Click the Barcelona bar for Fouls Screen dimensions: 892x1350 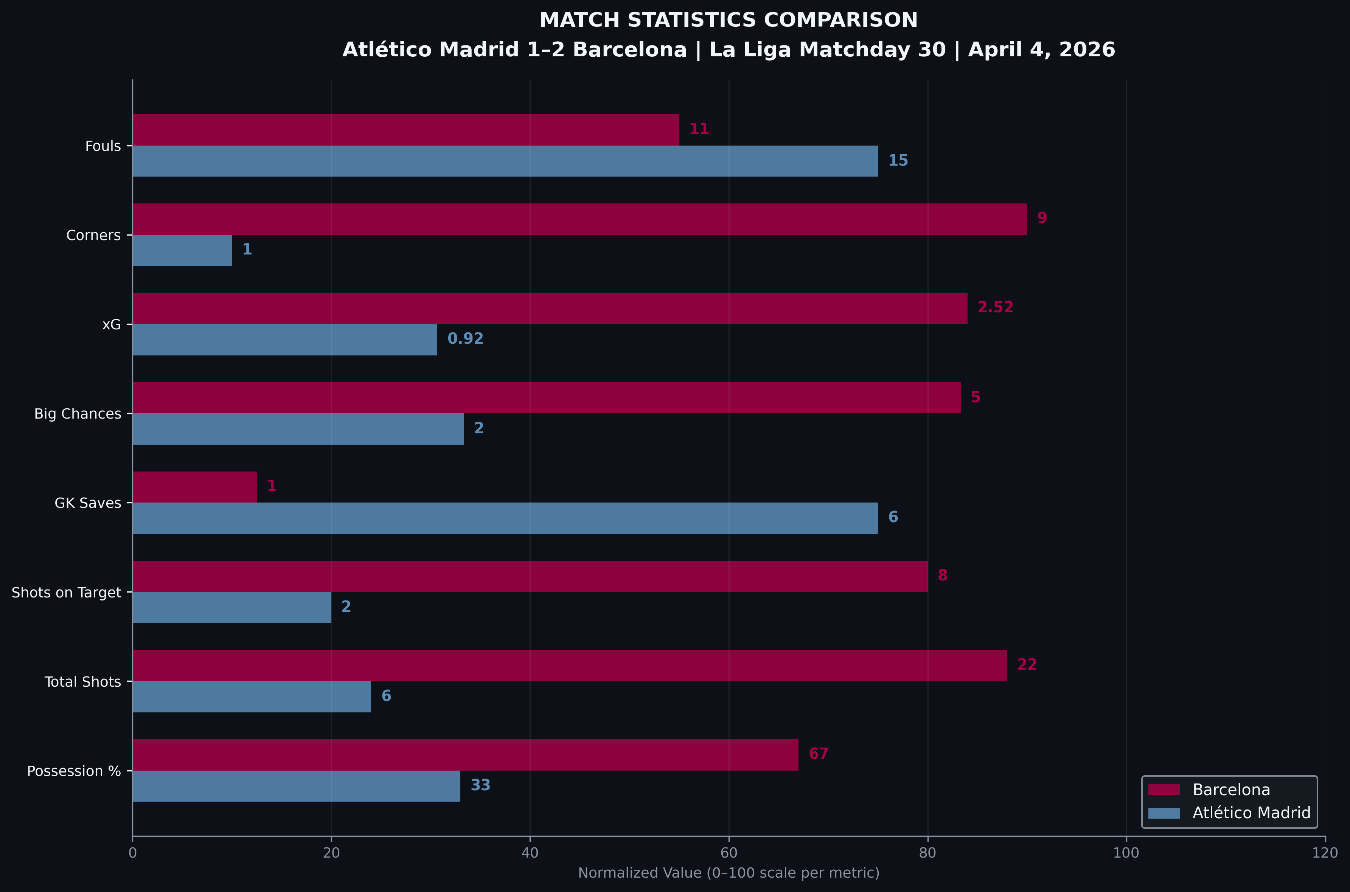(405, 130)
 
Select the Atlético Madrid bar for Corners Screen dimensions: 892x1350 (182, 250)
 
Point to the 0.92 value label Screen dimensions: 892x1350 (465, 339)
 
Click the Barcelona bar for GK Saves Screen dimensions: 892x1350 (194, 487)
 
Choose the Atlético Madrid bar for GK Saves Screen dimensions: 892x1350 (505, 518)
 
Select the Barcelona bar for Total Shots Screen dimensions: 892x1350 (570, 666)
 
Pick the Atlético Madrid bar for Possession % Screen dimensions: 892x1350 (297, 786)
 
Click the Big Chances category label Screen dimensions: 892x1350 (78, 414)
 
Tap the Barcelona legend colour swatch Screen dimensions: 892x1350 (1164, 790)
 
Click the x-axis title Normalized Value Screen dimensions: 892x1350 (729, 873)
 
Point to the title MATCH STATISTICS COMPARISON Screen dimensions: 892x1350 (729, 20)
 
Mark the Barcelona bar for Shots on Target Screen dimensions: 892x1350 (530, 576)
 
